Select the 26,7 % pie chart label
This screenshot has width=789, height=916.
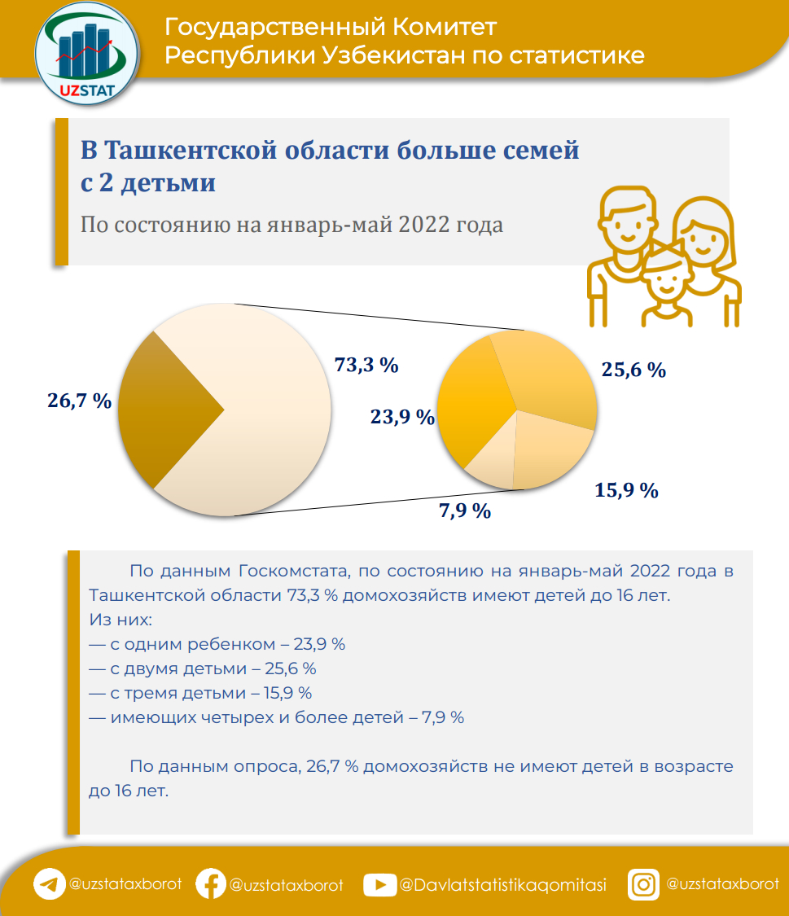[78, 401]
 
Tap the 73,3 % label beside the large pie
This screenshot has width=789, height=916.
[366, 365]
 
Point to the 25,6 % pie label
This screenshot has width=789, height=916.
[633, 370]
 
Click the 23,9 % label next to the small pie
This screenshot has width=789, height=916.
[402, 417]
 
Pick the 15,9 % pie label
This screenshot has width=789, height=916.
[626, 490]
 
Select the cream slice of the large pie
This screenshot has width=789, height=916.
[269, 407]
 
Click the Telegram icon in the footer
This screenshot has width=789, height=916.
[49, 884]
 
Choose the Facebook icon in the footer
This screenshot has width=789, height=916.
[211, 884]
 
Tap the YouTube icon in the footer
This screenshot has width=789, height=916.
[379, 884]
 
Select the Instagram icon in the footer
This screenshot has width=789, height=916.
[643, 884]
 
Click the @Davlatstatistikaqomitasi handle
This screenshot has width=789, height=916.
[502, 885]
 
